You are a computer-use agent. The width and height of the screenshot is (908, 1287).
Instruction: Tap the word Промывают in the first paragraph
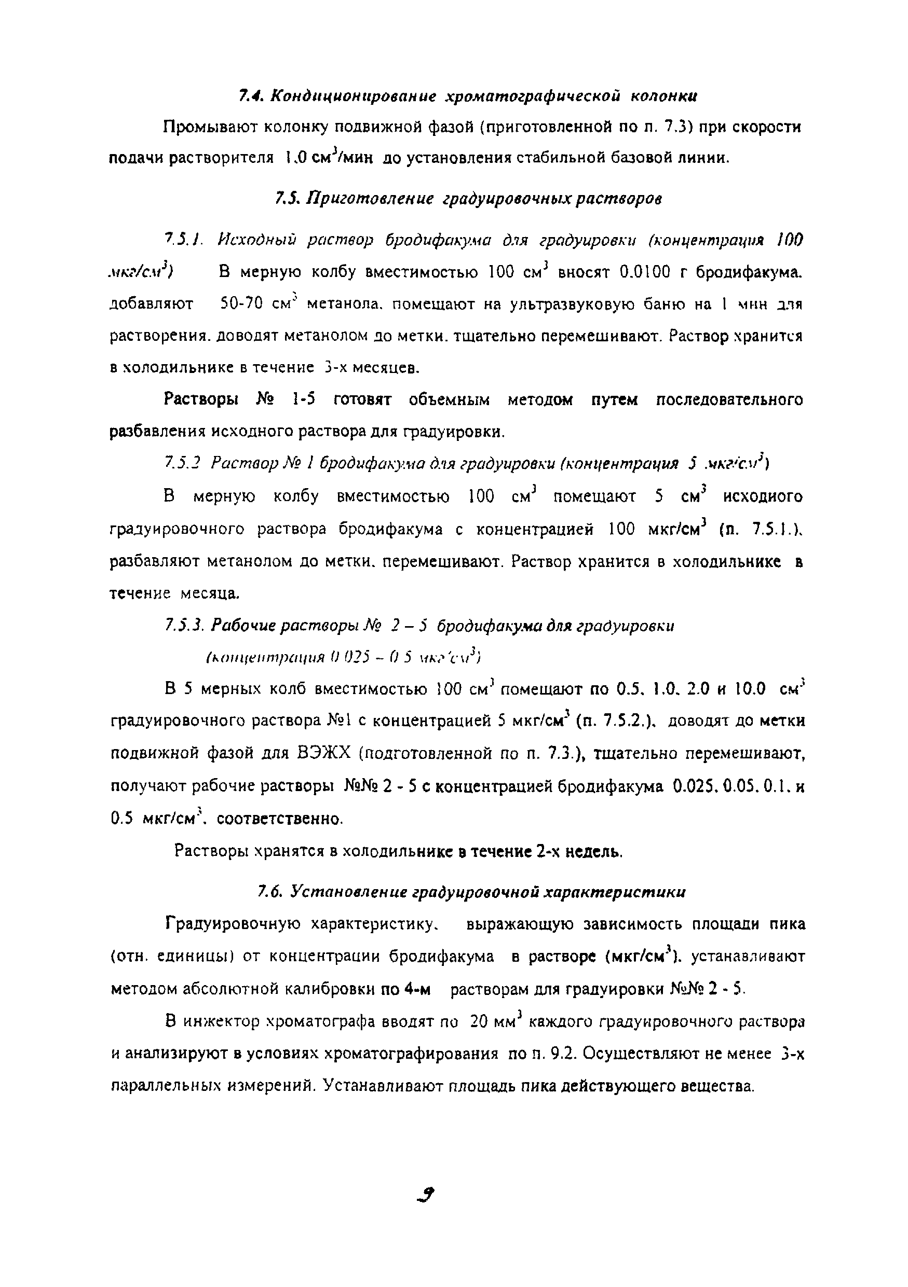tap(201, 128)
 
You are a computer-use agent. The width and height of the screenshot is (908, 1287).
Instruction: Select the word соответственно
tap(279, 819)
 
